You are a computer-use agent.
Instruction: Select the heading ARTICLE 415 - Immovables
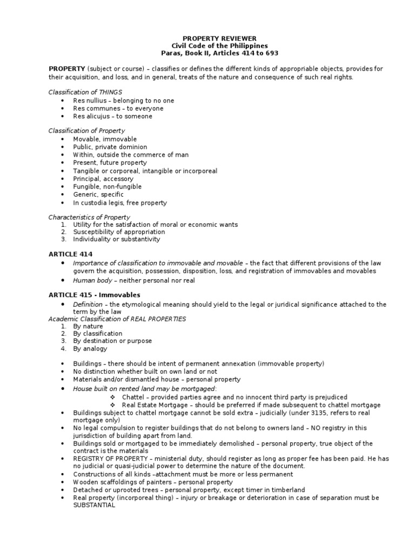pyautogui.click(x=94, y=295)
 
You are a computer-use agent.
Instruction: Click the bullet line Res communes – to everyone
pyautogui.click(x=118, y=109)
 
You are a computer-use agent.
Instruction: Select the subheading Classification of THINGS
pyautogui.click(x=85, y=92)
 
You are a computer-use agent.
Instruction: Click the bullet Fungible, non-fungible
pyautogui.click(x=107, y=186)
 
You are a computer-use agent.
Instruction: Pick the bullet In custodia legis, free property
pyautogui.click(x=120, y=203)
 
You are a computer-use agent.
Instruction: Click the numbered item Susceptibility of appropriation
pyautogui.click(x=119, y=232)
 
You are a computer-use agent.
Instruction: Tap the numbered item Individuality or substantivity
pyautogui.click(x=117, y=239)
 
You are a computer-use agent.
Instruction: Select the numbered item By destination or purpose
pyautogui.click(x=112, y=341)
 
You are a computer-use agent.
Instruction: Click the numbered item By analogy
pyautogui.click(x=91, y=349)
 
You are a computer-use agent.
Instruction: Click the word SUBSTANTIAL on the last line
pyautogui.click(x=94, y=505)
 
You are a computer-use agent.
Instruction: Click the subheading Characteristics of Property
pyautogui.click(x=89, y=217)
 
